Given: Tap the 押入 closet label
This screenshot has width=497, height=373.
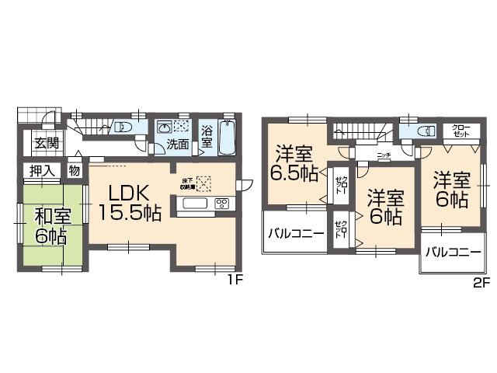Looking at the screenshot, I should click(x=41, y=171).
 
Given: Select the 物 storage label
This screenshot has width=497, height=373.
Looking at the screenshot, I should click(x=75, y=171).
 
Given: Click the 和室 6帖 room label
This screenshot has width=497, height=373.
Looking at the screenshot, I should click(x=48, y=225).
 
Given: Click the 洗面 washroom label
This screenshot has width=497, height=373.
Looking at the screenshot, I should click(x=178, y=144).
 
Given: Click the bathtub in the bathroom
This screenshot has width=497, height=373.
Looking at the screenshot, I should click(x=228, y=138).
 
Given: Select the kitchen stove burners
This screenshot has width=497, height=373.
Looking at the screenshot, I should click(x=221, y=204).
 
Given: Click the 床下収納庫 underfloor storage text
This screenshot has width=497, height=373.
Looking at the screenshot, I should click(x=189, y=184).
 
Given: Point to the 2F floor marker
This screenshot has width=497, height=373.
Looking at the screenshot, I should click(x=482, y=283).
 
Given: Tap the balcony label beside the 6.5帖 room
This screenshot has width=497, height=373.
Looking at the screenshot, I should click(x=296, y=234).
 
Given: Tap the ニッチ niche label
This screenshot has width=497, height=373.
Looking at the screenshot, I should click(x=383, y=155).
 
